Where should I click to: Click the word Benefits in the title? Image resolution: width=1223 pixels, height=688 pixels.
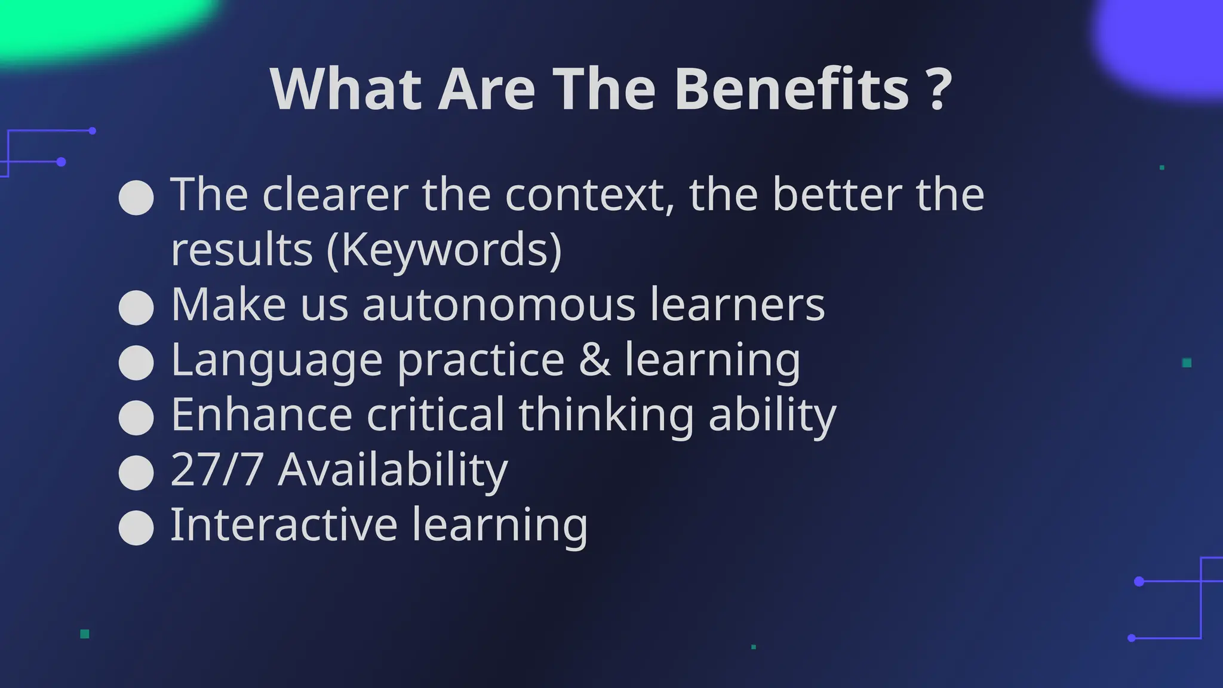click(791, 89)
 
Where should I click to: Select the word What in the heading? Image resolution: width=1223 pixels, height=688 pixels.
click(346, 89)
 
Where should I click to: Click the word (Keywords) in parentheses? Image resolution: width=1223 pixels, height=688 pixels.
click(444, 249)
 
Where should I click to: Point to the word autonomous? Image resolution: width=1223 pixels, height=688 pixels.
click(499, 305)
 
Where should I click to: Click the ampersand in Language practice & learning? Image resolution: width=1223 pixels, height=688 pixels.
click(595, 360)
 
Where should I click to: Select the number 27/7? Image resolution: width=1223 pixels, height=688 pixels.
click(217, 469)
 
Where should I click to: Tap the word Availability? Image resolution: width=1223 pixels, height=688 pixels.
click(393, 469)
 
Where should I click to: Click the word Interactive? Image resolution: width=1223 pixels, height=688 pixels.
click(284, 524)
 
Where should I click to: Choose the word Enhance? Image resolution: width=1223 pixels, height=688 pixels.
click(262, 414)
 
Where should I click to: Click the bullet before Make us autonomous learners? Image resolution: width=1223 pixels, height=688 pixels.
click(136, 308)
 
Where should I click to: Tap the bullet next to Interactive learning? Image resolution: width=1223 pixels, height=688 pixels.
click(136, 528)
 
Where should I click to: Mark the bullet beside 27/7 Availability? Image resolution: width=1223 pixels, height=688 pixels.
click(136, 473)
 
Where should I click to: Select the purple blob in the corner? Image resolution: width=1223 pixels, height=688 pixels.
click(1164, 42)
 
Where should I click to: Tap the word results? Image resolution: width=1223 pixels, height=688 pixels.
click(242, 249)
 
